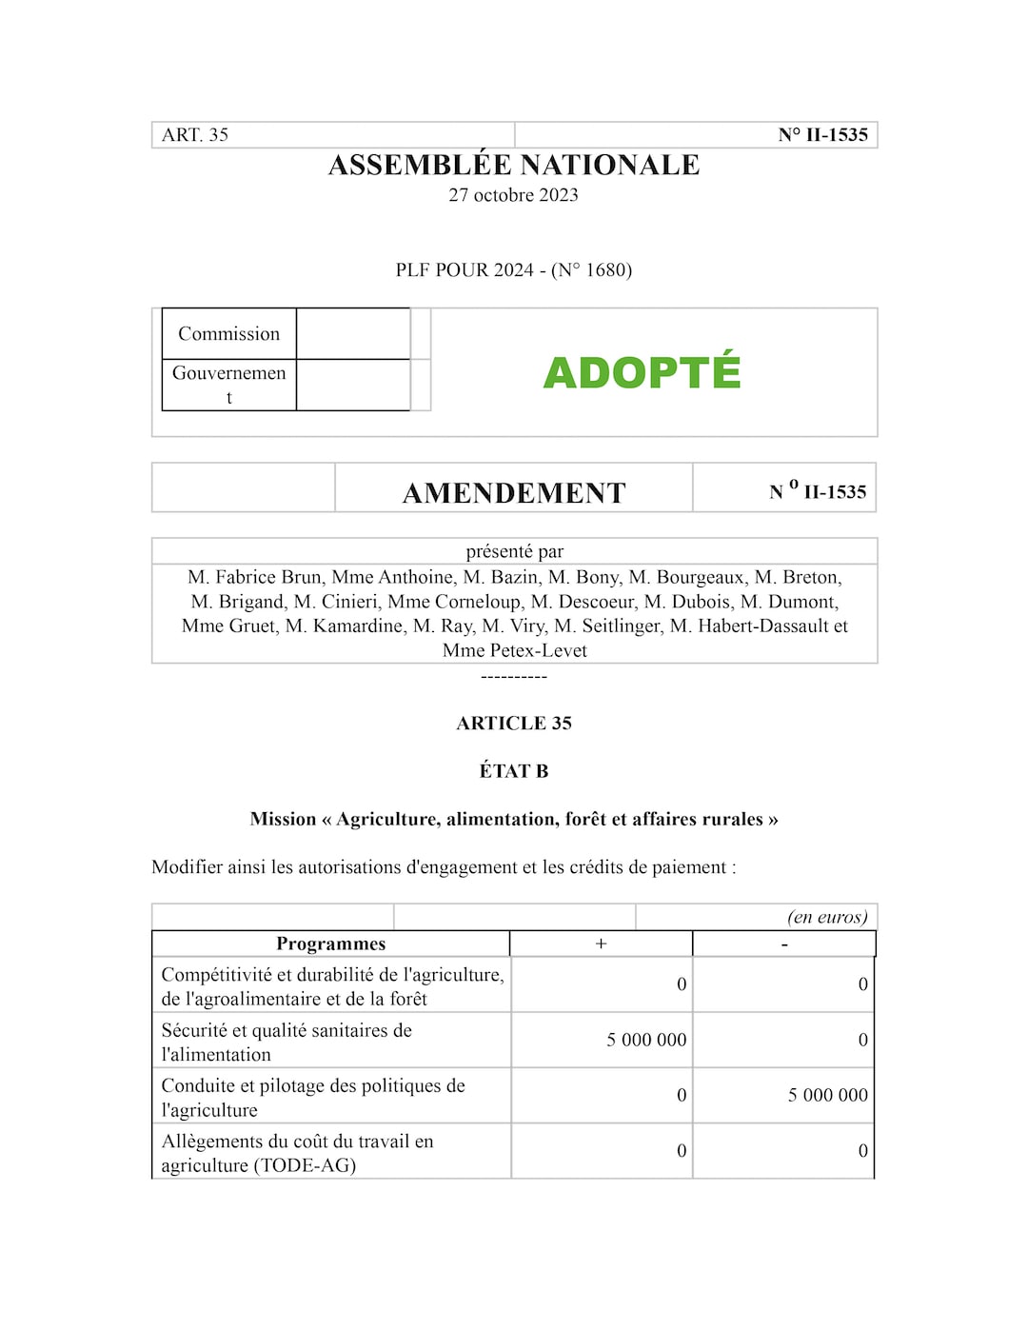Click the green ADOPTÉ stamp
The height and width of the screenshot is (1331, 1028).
click(642, 372)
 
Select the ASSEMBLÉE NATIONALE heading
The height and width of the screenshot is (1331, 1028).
click(514, 165)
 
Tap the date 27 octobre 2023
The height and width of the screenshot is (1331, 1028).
click(514, 195)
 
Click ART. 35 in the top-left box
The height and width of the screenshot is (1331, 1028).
click(195, 135)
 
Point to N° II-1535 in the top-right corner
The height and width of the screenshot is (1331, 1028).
click(822, 135)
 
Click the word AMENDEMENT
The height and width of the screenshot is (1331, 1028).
click(514, 493)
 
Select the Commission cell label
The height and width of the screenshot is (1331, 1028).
click(228, 334)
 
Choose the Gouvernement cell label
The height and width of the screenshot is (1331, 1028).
click(228, 384)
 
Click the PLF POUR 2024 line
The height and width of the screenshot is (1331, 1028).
click(514, 270)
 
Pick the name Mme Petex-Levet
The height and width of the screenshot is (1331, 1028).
click(515, 651)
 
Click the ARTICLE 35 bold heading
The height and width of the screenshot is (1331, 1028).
click(514, 724)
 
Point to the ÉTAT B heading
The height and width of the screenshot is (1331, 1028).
click(514, 771)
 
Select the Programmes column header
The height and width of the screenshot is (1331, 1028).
click(330, 944)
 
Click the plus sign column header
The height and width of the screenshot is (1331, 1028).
click(601, 944)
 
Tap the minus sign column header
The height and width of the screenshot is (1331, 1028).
click(783, 944)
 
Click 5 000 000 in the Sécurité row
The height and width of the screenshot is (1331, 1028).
click(646, 1040)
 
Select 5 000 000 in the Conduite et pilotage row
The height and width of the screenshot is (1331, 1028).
click(827, 1095)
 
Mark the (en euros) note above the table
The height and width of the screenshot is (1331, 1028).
click(827, 918)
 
